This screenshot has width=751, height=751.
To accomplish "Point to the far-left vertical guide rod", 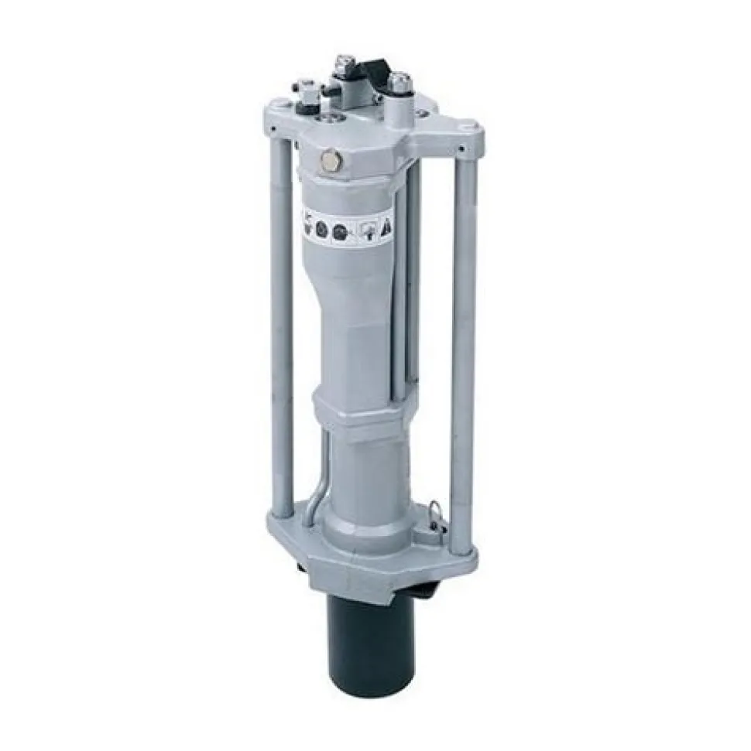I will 282,325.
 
